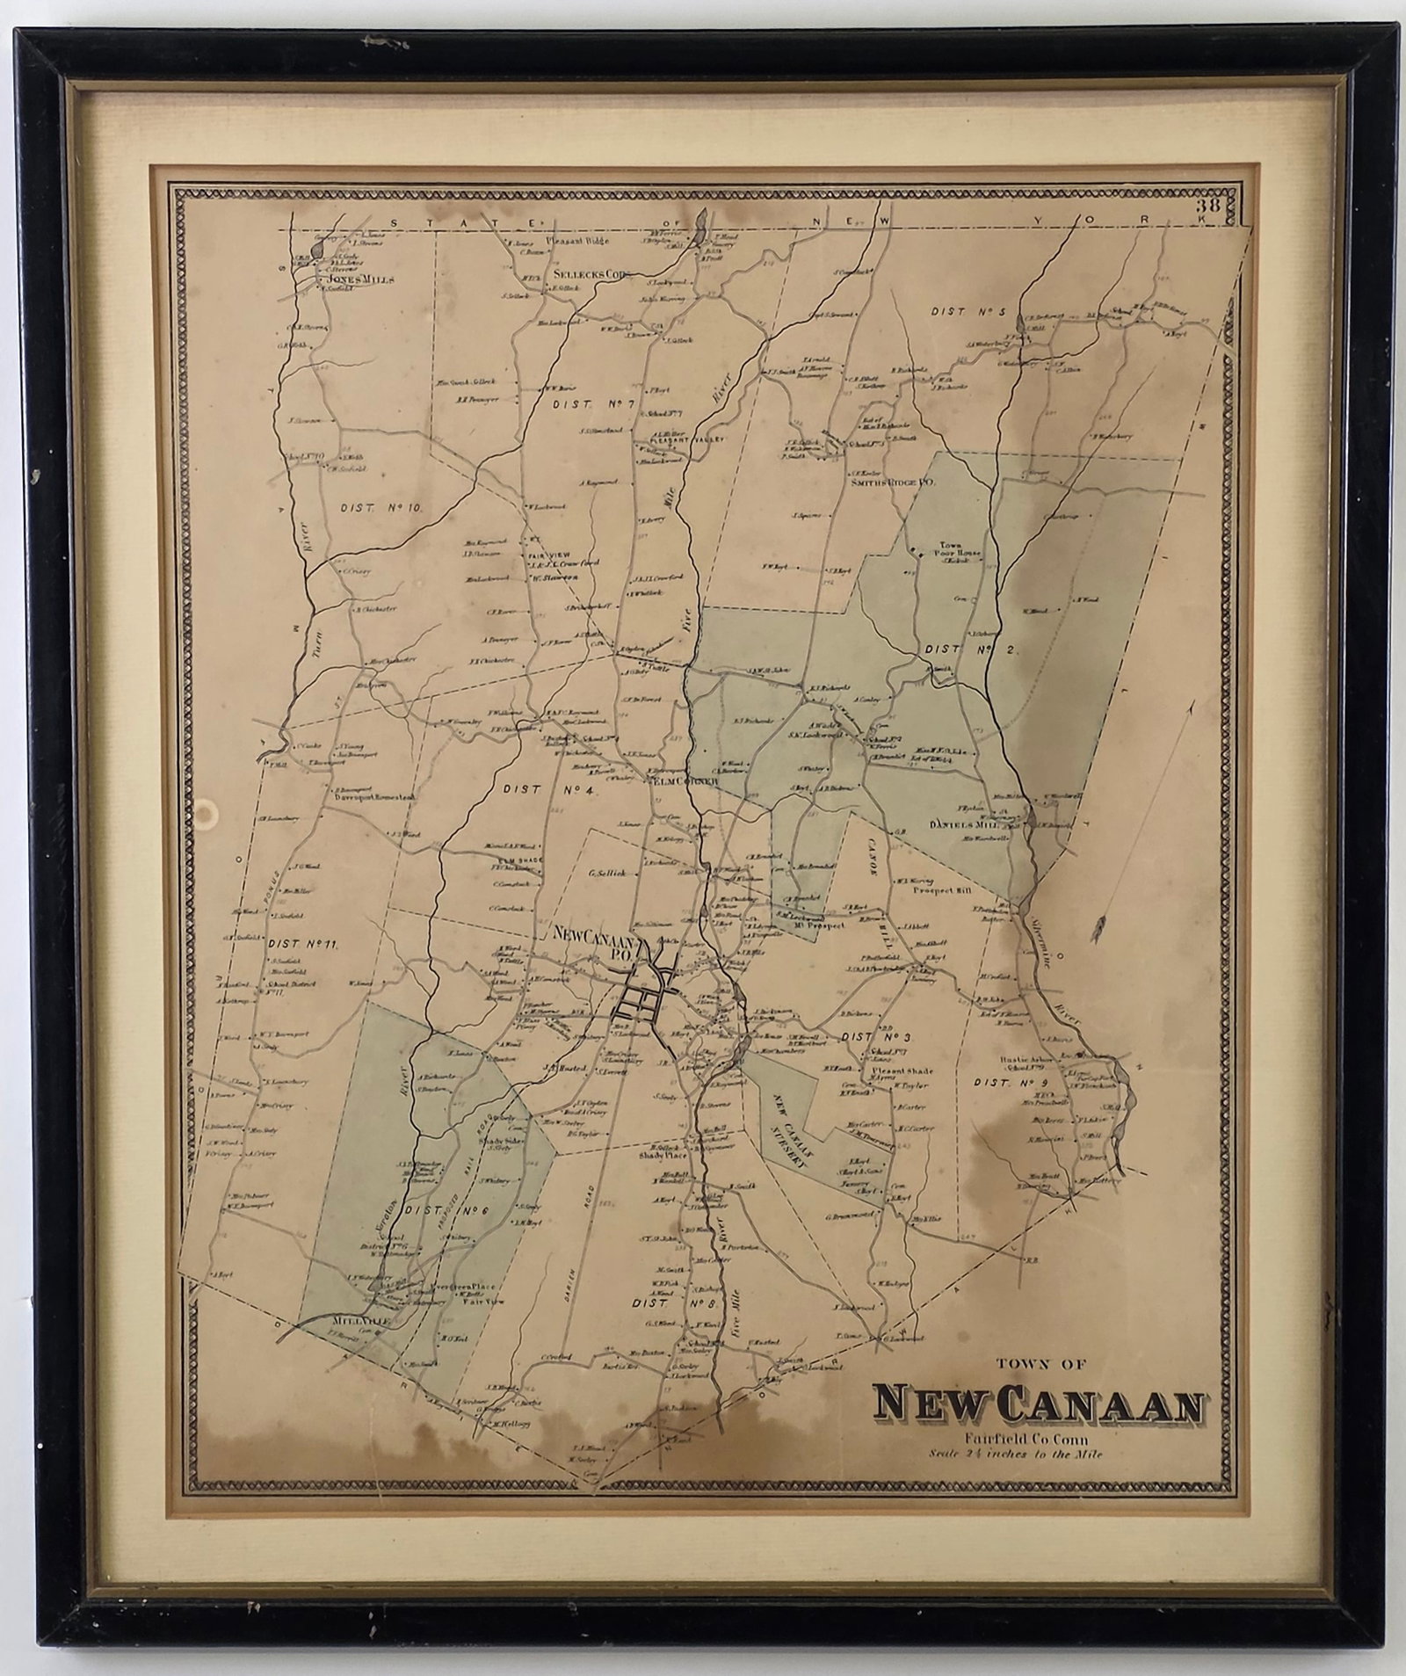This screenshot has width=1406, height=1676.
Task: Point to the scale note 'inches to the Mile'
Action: [1050, 1455]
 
